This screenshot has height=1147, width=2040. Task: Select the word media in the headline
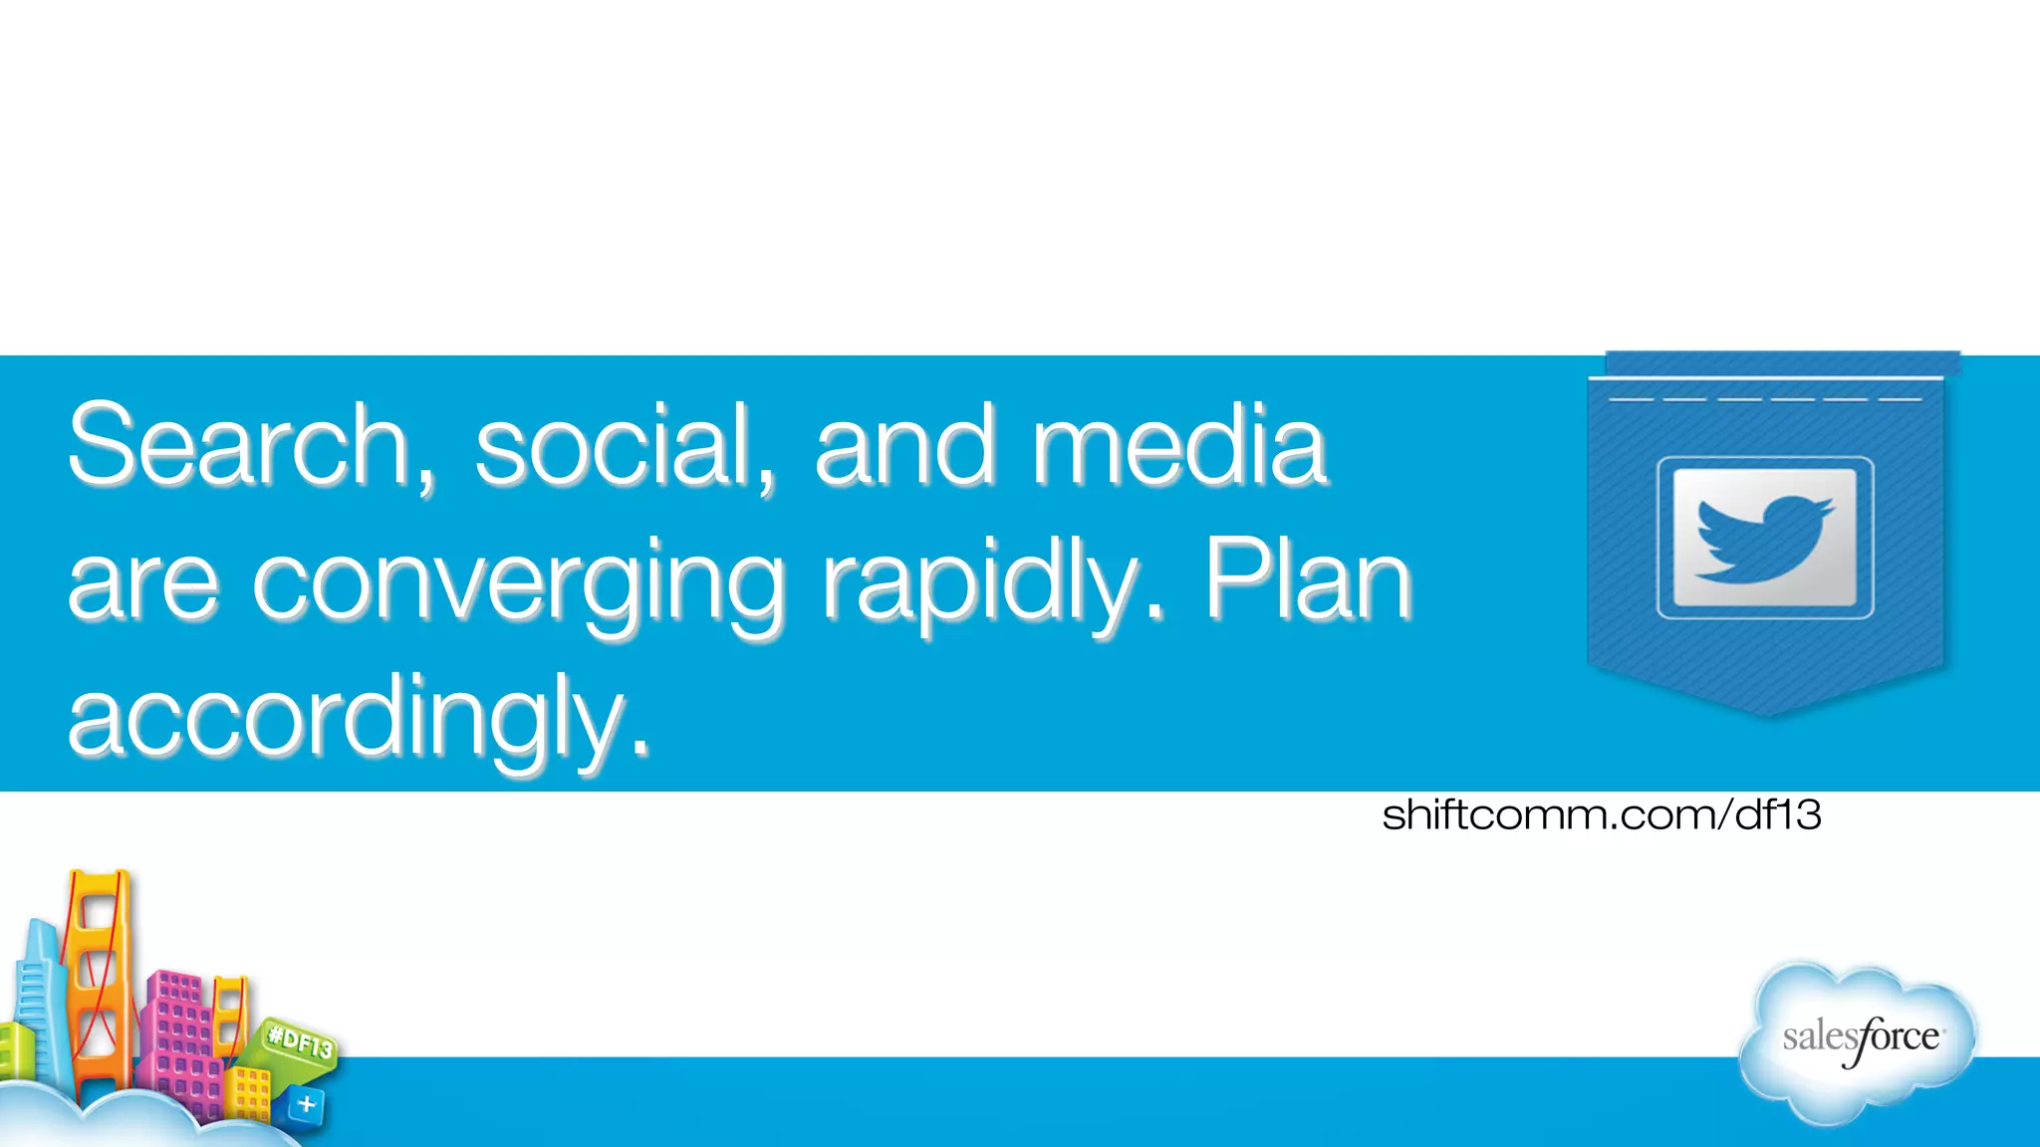[x=1179, y=445]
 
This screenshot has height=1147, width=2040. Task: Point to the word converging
[x=519, y=585]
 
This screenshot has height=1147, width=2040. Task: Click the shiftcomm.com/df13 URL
[x=1602, y=815]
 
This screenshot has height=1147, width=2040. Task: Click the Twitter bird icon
[x=1764, y=538]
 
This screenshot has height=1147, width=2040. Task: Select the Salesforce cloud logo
[x=1859, y=1041]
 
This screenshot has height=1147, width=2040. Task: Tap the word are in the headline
[x=142, y=585]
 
